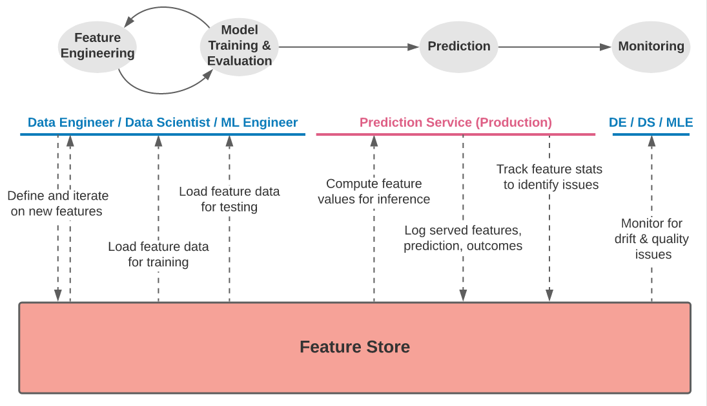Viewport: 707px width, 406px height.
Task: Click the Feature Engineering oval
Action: [97, 46]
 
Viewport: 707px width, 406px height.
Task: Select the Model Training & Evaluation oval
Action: [239, 46]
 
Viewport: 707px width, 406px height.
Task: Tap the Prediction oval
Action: [459, 47]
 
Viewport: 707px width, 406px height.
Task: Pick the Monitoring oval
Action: [651, 47]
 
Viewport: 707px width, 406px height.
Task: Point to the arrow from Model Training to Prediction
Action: [349, 47]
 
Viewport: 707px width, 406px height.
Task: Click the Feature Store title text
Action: [354, 347]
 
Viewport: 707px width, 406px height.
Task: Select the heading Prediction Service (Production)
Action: [455, 122]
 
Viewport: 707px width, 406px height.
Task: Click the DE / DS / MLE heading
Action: [650, 122]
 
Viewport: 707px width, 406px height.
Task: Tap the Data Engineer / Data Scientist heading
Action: [163, 122]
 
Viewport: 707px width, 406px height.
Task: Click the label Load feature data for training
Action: [158, 254]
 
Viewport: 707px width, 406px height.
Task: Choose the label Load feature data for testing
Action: [229, 199]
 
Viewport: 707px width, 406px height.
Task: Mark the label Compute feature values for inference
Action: [374, 191]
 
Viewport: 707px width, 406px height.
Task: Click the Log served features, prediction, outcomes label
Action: [463, 238]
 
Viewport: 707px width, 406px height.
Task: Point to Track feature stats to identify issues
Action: [549, 176]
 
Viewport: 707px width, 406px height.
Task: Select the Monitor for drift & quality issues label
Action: [651, 239]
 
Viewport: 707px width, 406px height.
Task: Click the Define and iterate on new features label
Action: [58, 203]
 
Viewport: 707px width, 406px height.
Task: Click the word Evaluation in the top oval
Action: [240, 61]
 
